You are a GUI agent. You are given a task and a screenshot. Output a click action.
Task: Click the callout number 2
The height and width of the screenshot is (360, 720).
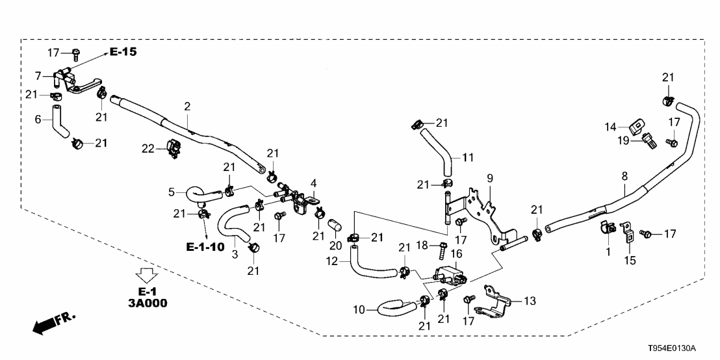click(x=187, y=105)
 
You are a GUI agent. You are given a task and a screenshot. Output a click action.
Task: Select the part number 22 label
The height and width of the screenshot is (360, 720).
click(x=148, y=149)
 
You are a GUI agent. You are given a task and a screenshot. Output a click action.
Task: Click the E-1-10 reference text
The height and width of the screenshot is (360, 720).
click(x=205, y=247)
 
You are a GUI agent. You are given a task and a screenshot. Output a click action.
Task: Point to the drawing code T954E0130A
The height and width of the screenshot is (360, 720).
click(x=682, y=349)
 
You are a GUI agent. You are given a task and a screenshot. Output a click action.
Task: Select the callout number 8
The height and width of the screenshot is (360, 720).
click(x=624, y=175)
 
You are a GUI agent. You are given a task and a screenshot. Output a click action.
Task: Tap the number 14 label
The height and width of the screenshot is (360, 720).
click(x=611, y=126)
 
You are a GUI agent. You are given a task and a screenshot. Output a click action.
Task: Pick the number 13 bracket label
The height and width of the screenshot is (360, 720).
click(x=530, y=301)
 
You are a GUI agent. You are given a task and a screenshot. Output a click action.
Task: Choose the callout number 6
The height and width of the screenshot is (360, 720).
click(x=38, y=119)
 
